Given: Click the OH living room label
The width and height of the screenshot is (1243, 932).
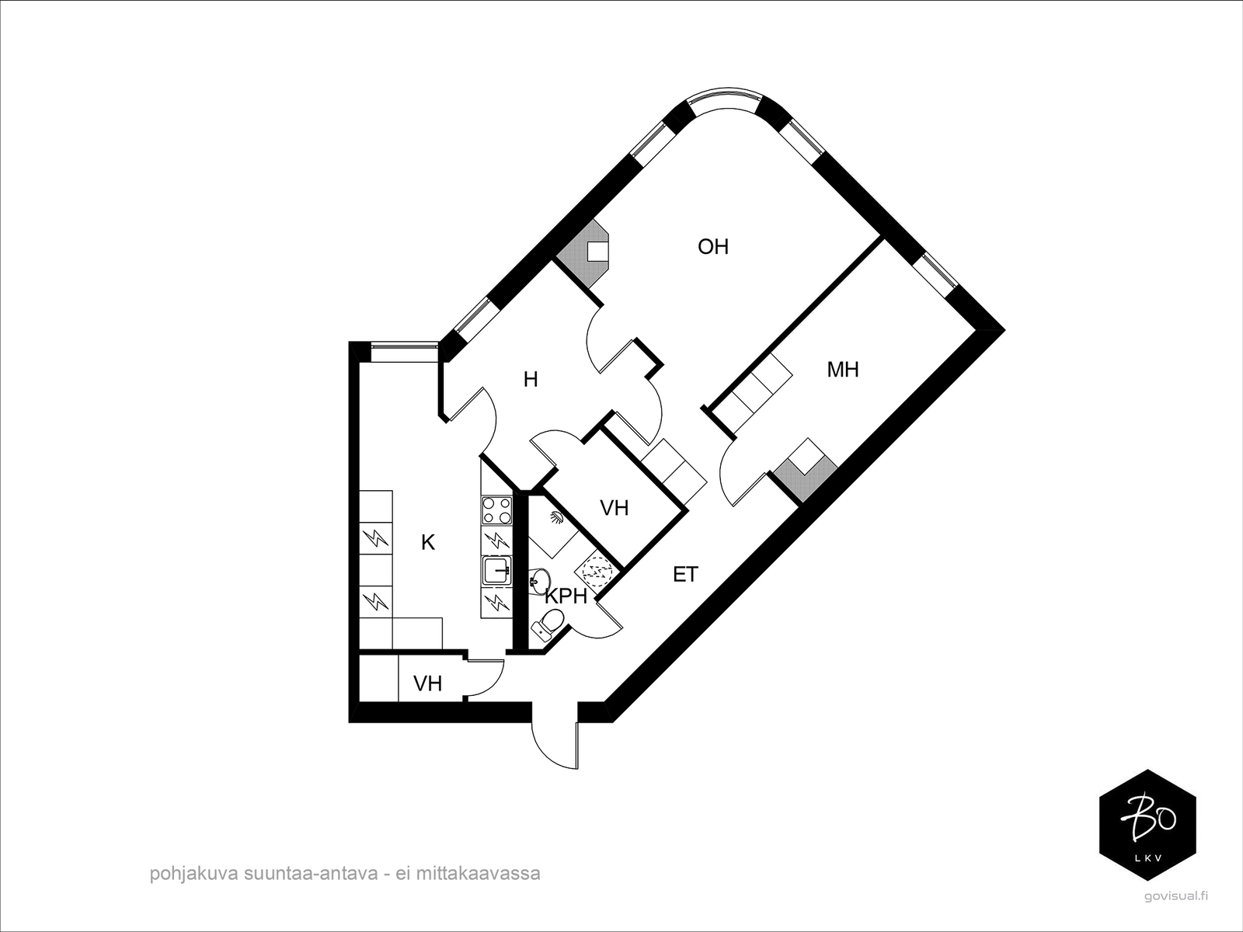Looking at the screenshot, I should click(x=713, y=247).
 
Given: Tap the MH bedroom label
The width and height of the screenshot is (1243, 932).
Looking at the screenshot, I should click(x=842, y=370).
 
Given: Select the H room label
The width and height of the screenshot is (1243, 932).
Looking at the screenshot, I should click(x=531, y=380).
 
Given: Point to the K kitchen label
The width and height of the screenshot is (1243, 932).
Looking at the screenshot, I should click(x=427, y=543).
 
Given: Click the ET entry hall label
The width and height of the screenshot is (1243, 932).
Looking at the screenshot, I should click(x=685, y=575).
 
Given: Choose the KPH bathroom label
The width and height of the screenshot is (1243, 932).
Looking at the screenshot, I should click(x=566, y=596).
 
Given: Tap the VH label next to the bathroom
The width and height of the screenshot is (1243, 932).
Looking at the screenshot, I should click(x=614, y=508).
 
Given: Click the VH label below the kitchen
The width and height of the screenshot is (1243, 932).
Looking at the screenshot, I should click(x=427, y=683).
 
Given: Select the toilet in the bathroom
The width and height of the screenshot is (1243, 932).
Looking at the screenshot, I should click(x=549, y=623).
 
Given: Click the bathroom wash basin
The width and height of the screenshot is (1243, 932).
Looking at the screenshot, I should click(x=538, y=579).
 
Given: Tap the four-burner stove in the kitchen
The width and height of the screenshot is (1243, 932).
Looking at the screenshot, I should click(x=496, y=510).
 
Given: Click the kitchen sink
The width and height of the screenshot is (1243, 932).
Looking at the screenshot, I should click(x=496, y=572).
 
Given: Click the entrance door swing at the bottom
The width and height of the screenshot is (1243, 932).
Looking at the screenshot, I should click(x=555, y=738).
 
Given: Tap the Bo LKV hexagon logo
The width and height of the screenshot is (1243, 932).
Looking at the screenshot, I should click(x=1147, y=825).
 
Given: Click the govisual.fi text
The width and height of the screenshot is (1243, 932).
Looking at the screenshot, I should click(x=1177, y=895).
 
